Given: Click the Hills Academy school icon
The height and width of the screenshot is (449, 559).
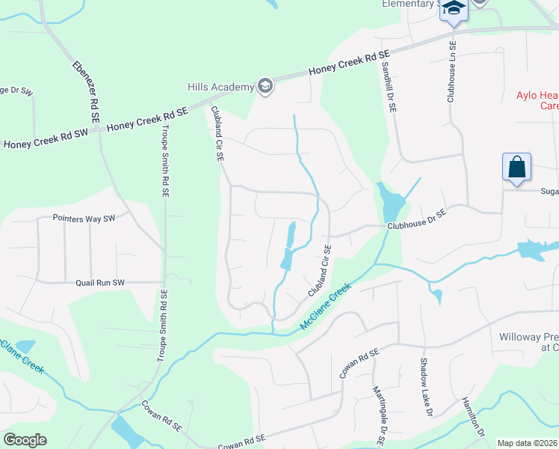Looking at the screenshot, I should [x=265, y=87].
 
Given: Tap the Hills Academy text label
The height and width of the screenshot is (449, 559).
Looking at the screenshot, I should [x=221, y=88].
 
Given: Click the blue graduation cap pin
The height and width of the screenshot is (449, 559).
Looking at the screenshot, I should [x=453, y=9].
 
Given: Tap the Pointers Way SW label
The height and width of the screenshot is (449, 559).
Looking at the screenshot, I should [x=84, y=219].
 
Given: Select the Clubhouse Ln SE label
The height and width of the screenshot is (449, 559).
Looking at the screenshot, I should [x=451, y=71].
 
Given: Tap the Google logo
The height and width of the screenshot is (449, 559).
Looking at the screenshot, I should [x=25, y=439].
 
